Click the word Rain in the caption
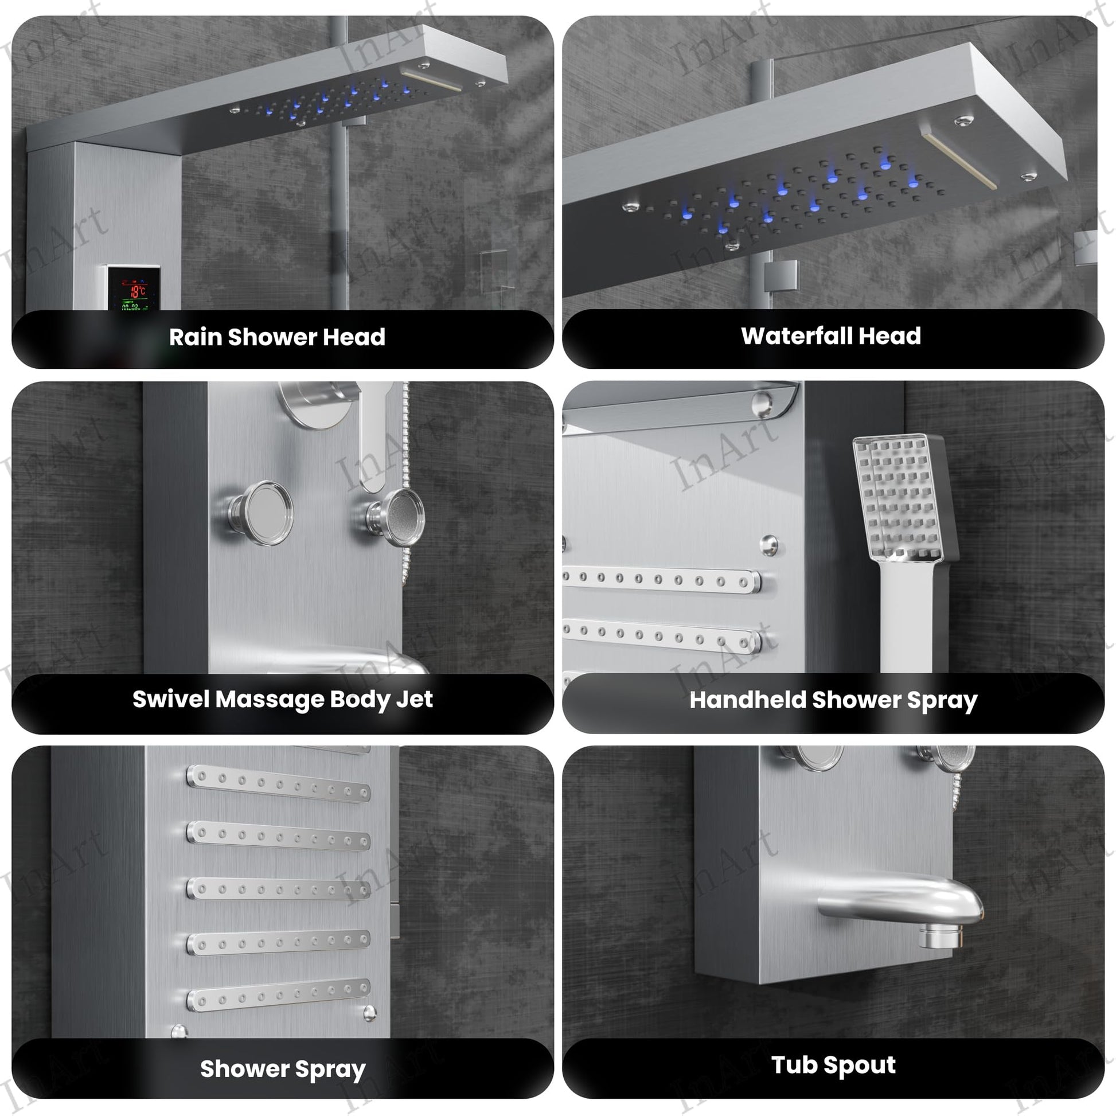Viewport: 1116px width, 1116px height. pyautogui.click(x=195, y=337)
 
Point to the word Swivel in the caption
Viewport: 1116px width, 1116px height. pyautogui.click(x=170, y=700)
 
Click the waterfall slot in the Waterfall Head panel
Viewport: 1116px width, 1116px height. pyautogui.click(x=959, y=161)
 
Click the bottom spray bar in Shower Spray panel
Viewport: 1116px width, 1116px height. pyautogui.click(x=278, y=996)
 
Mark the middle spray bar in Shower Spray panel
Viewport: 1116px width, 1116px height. pyautogui.click(x=278, y=889)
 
